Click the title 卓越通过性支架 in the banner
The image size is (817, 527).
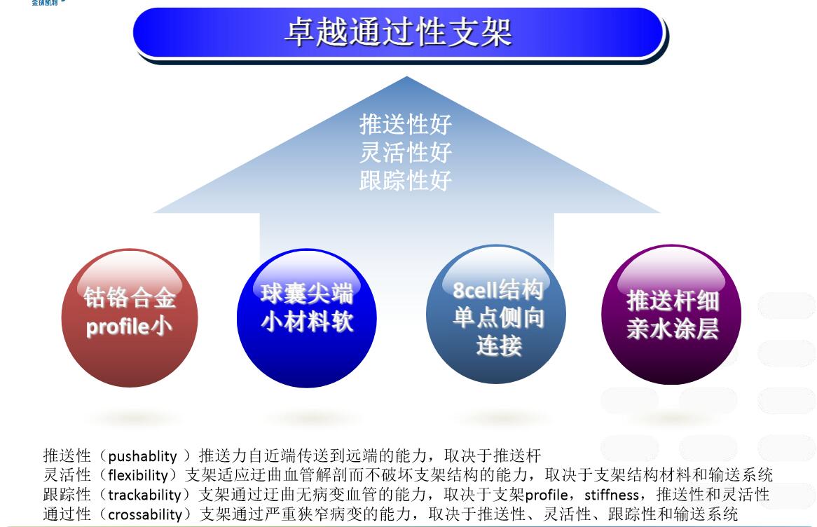399,32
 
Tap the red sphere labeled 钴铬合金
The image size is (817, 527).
130,318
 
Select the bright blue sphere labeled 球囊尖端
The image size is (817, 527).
306,318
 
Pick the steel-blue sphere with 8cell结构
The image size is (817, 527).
496,315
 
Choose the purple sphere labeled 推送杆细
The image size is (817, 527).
672,315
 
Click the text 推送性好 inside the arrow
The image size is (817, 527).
406,125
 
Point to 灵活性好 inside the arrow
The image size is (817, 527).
406,153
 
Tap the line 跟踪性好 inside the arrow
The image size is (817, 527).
406,181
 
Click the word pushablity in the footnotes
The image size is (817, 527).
142,457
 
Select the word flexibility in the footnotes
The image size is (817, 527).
137,475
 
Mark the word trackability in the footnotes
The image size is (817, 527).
144,495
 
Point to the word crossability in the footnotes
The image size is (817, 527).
145,514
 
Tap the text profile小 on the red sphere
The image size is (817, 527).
129,327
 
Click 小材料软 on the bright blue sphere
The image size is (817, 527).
307,322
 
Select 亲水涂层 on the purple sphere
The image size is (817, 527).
672,329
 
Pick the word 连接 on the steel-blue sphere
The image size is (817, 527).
499,346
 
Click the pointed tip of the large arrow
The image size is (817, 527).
407,76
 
